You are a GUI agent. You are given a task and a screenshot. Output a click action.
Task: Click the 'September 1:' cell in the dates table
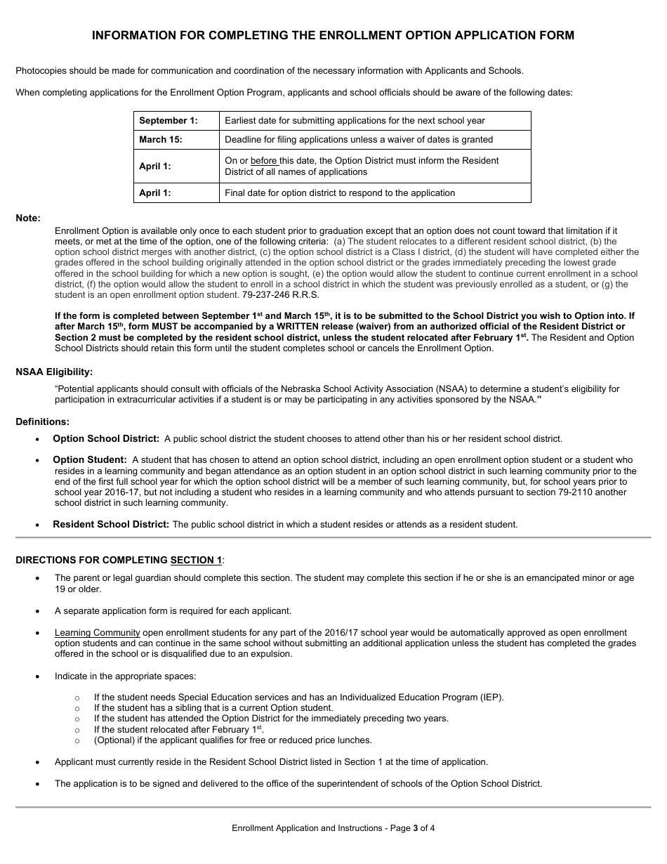168,121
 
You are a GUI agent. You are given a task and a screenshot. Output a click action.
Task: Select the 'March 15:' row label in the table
161,140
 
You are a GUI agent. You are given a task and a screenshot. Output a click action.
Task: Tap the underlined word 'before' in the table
264,161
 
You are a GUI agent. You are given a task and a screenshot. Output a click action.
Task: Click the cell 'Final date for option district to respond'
340,193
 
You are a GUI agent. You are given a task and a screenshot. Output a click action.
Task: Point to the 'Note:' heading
28,218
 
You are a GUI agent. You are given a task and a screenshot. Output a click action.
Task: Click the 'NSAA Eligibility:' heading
54,372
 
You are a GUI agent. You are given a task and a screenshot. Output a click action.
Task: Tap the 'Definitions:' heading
43,422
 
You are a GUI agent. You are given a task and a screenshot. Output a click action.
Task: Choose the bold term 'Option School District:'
106,439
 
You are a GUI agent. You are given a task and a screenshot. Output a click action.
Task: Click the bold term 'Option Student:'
90,460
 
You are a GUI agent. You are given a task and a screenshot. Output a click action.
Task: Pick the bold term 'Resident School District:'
111,525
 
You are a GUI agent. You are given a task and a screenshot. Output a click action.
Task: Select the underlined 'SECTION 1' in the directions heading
196,561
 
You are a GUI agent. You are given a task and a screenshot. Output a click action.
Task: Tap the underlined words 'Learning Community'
97,633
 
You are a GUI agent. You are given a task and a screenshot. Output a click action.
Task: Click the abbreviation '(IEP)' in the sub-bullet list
491,698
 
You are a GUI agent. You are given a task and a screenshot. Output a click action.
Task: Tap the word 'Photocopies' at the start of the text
41,71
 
